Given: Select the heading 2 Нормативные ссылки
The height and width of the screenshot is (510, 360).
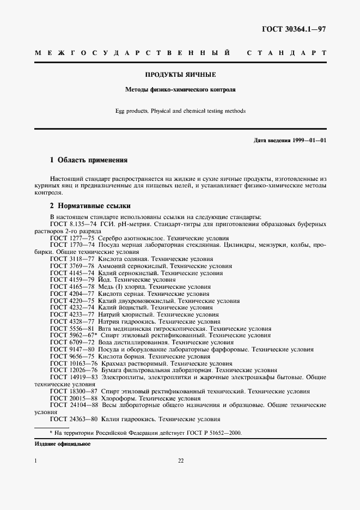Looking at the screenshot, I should tap(90, 206).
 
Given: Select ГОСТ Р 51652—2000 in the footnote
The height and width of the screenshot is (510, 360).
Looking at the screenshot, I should tap(212, 433).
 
